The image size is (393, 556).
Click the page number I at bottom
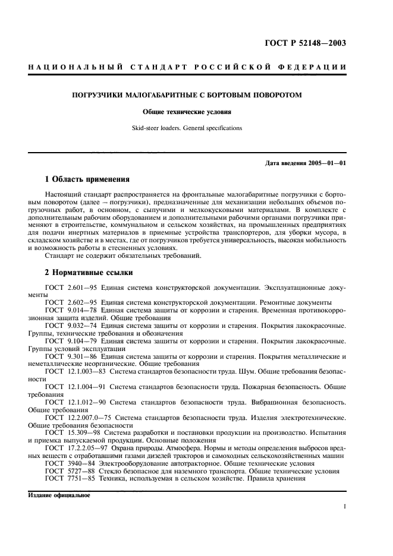pos(345,507)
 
